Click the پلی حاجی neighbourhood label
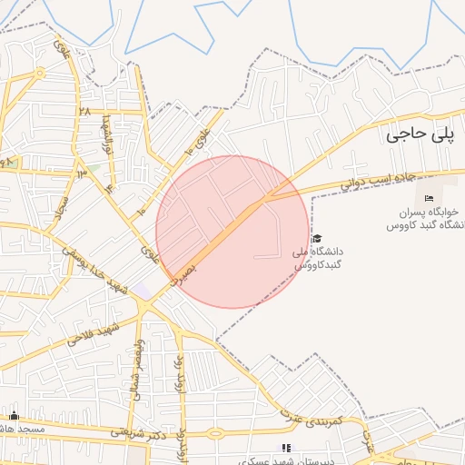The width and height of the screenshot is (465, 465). point(418,135)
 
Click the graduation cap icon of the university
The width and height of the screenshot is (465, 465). point(316,238)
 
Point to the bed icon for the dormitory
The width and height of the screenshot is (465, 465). point(430,199)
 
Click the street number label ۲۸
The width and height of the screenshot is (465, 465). point(84,111)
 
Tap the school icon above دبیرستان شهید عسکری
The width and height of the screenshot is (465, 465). point(287,448)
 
